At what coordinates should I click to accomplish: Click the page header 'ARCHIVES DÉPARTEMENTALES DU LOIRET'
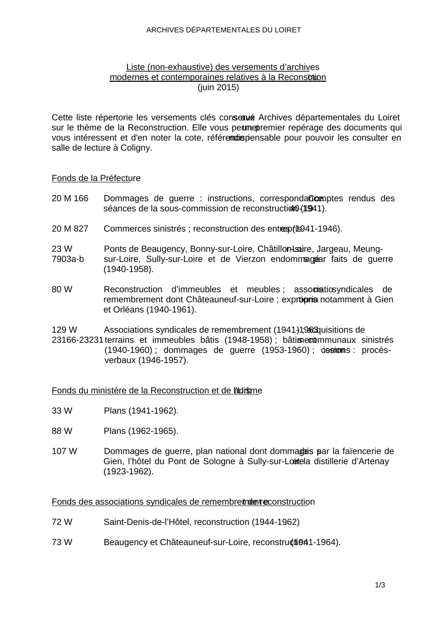(x=223, y=30)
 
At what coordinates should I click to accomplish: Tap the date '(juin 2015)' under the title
(x=218, y=87)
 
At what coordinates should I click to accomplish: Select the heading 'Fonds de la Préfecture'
(x=96, y=178)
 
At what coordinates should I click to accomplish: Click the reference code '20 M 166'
(x=70, y=198)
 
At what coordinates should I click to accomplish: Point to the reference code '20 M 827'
(x=70, y=229)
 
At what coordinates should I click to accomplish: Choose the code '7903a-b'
(x=68, y=259)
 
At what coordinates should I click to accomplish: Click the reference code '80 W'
(x=62, y=289)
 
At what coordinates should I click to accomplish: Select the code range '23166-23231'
(x=77, y=340)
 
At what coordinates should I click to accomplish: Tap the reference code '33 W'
(x=62, y=411)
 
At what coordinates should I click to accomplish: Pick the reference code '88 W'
(x=62, y=431)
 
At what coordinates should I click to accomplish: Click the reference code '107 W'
(x=64, y=451)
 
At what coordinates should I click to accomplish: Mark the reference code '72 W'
(x=62, y=522)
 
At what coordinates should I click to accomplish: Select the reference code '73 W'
(x=62, y=542)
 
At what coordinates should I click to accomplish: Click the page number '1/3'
(x=380, y=585)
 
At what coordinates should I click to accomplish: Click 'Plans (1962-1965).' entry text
(x=141, y=431)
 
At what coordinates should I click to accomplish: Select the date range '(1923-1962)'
(x=128, y=471)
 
